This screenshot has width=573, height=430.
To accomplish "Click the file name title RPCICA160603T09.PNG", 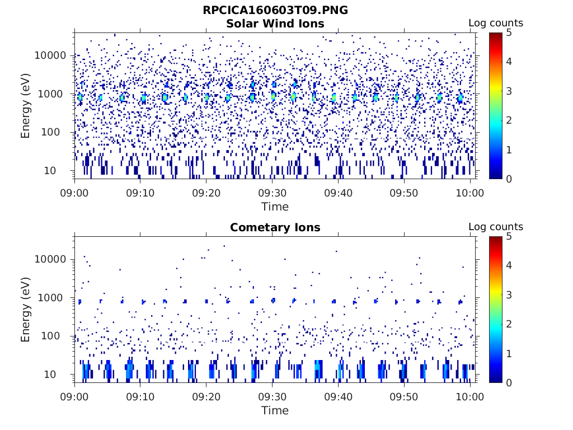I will point(275,11).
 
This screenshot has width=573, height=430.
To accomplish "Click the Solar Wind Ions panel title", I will point(275,24).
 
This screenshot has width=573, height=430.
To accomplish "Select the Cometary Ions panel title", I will point(275,227).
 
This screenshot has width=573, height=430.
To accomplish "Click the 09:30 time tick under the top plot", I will point(272,193).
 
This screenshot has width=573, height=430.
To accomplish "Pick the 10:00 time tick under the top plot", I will point(470,193).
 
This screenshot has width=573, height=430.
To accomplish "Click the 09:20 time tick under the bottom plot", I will point(206,396).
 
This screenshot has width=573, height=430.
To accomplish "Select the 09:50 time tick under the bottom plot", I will point(404,396).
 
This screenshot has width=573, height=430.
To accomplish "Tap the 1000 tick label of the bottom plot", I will point(55,298).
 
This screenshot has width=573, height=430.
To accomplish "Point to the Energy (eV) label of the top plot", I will point(26,105).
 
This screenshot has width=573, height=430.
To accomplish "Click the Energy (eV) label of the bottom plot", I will point(26,309).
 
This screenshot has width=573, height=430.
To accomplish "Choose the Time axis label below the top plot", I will point(275,207).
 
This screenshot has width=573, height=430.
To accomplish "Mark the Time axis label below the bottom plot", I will point(275,410).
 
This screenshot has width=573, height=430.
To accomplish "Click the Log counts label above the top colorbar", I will point(495,23).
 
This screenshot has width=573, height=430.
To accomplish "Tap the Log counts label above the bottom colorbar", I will point(495,227).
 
